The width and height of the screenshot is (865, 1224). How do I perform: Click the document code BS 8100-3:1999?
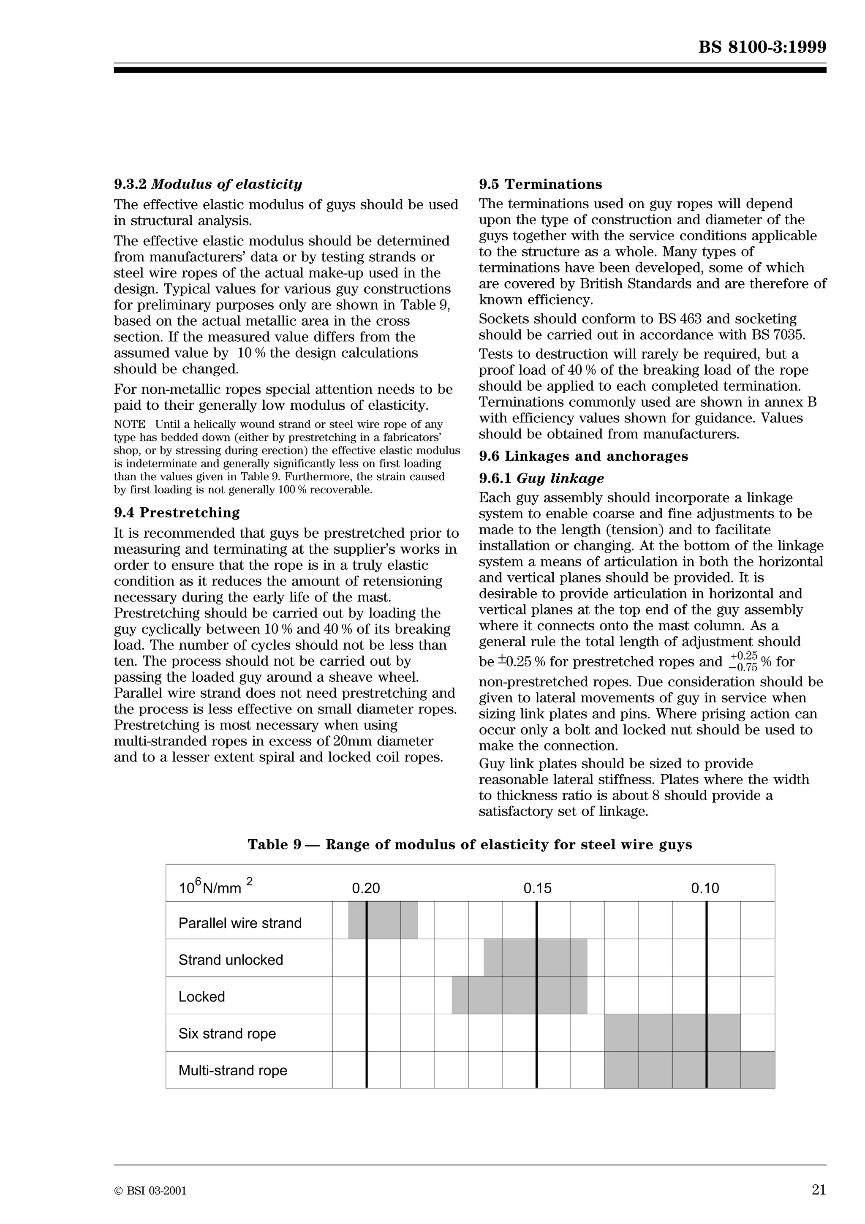click(762, 47)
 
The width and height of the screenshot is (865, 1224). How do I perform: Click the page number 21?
click(819, 1189)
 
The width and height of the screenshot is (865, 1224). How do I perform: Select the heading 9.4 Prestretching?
click(177, 513)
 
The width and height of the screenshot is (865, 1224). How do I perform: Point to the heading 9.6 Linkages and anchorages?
click(583, 456)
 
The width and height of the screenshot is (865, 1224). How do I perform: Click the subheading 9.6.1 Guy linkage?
click(541, 479)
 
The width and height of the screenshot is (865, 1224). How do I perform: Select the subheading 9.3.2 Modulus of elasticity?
click(208, 185)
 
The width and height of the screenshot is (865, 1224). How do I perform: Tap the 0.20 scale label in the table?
click(366, 889)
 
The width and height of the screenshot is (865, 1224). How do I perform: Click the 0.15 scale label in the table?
click(537, 889)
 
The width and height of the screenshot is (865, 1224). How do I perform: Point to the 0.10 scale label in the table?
click(705, 889)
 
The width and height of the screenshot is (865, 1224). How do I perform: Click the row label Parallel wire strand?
click(240, 923)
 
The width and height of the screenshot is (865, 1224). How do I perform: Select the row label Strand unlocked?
click(231, 960)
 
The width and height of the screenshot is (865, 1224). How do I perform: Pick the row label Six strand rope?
click(227, 1034)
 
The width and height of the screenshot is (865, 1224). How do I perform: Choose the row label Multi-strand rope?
click(232, 1070)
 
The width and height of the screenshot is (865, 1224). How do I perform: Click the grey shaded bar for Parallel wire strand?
click(383, 920)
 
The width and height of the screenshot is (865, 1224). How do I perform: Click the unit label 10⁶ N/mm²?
click(215, 888)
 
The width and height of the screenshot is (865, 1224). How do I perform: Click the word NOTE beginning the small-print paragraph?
click(130, 425)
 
